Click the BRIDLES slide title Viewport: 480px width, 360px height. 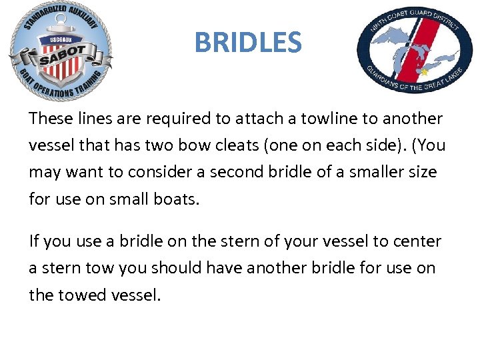248,43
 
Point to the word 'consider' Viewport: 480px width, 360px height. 161,172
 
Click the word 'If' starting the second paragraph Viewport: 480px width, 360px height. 33,241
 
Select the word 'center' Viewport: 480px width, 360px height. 418,241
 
